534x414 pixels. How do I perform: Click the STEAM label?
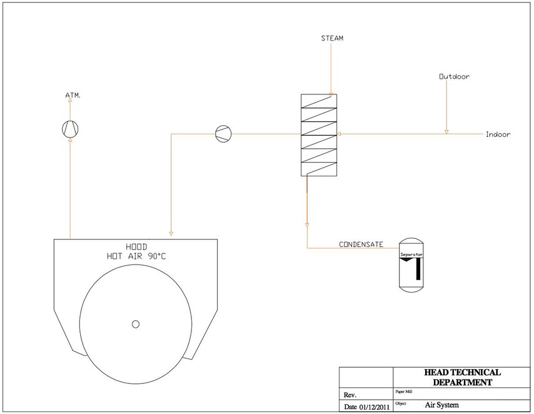332,38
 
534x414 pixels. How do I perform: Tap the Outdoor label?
455,77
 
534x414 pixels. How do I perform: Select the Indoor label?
498,134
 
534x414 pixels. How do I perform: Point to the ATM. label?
73,96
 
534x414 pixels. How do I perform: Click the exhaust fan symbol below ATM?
70,129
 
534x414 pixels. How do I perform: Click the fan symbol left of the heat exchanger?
223,134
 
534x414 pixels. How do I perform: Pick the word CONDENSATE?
361,245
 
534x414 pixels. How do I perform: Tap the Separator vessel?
411,265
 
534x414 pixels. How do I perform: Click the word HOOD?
136,246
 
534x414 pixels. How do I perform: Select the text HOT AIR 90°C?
136,256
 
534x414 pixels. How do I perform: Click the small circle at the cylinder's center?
136,324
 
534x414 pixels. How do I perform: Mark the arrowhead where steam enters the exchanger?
331,94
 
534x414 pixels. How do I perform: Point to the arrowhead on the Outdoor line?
446,132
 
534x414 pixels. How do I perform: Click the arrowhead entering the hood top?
171,234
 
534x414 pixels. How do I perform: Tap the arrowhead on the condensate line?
307,225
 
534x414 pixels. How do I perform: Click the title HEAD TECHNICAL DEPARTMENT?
462,377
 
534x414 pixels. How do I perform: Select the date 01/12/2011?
375,407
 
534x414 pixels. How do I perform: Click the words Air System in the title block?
441,405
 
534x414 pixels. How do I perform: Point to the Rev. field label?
350,395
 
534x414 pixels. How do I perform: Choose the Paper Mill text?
404,392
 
